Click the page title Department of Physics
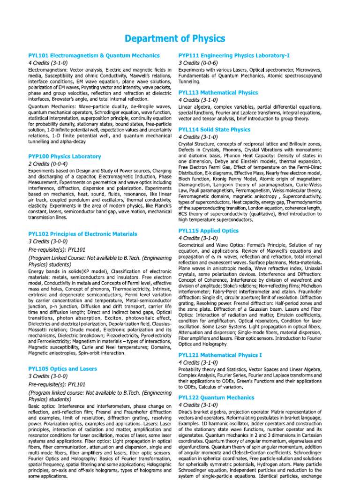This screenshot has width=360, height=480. click(180, 38)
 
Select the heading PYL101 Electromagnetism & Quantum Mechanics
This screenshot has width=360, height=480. click(94, 55)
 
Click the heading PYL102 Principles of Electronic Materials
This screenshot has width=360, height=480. click(83, 233)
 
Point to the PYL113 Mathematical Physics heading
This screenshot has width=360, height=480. click(218, 93)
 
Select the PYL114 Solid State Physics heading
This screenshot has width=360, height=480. click(215, 129)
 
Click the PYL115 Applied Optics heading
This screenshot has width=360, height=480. click(209, 231)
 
